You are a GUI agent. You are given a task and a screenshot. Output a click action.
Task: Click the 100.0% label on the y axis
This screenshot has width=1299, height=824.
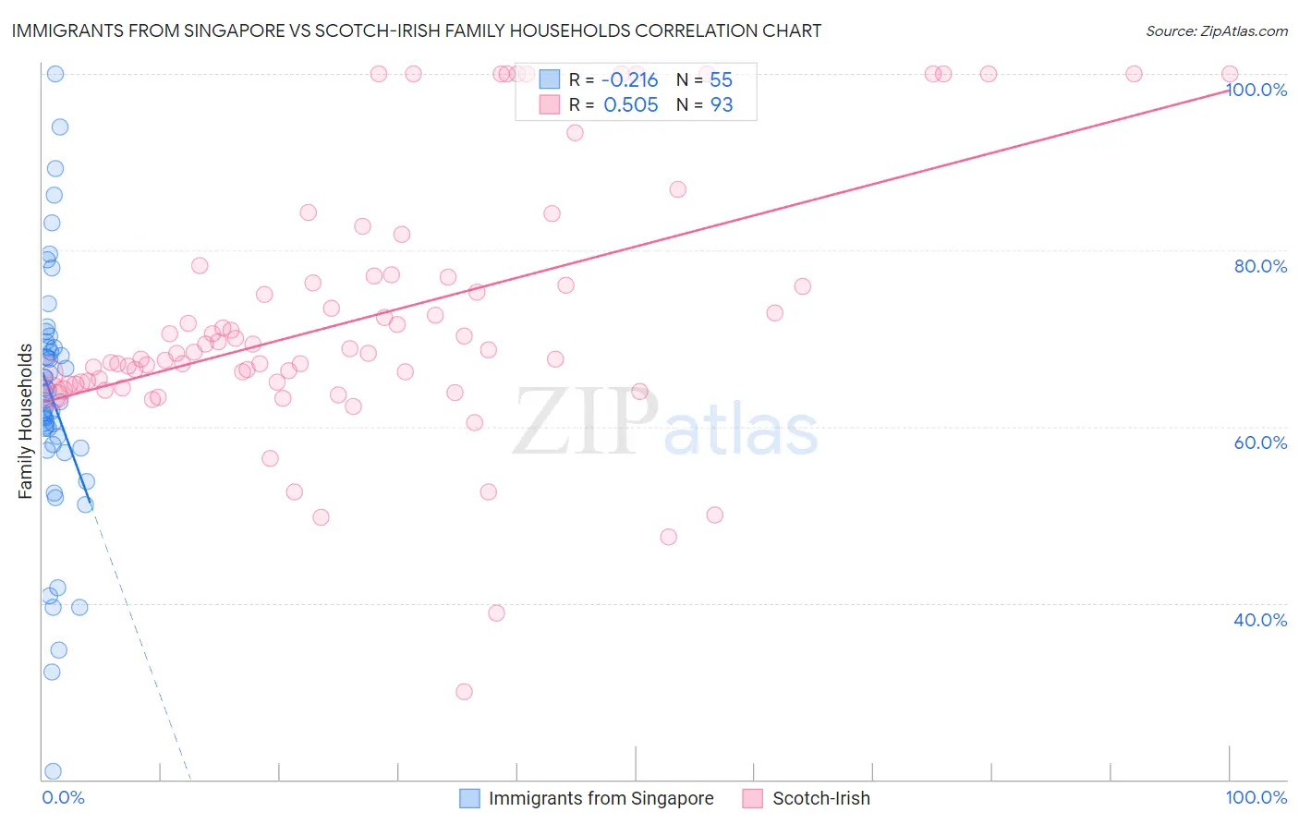point(1257,90)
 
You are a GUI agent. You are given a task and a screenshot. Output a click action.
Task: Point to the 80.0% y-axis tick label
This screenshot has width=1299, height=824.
point(1260,266)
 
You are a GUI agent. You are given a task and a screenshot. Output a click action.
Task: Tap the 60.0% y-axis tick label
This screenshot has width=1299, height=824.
point(1260,442)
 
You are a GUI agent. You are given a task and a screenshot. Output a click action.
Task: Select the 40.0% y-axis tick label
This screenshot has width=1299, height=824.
point(1260,620)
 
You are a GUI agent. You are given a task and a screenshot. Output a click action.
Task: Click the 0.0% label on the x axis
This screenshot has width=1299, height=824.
point(63,797)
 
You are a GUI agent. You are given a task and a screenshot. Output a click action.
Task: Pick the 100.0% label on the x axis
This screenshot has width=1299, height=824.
point(1256,797)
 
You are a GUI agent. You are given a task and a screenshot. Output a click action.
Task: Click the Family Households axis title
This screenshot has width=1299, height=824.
point(26,421)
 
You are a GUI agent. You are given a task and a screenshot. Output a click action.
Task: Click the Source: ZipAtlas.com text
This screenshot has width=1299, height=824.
point(1216,30)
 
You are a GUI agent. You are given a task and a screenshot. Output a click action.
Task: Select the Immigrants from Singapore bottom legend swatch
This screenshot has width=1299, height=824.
point(469,798)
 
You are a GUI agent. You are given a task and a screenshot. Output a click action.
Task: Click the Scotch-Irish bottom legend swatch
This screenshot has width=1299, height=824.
point(753,798)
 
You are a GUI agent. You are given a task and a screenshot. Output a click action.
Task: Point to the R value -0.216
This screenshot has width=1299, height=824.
point(630,80)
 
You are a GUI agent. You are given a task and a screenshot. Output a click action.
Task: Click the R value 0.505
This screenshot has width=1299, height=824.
point(630,105)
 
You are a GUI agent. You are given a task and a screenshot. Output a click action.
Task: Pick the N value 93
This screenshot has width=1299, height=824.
point(721,105)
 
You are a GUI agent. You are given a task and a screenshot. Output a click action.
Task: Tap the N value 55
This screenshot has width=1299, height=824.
point(721,80)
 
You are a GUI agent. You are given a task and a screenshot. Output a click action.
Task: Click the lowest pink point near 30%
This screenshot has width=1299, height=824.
point(465,692)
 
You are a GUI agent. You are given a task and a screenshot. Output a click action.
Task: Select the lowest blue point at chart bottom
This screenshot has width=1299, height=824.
point(53,771)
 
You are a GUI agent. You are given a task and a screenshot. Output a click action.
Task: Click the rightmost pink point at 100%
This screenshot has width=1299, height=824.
point(1230,74)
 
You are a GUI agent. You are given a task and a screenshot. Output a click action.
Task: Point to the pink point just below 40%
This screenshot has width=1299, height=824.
point(496,613)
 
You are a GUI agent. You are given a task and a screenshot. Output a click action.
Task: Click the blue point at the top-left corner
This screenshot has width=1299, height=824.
point(55,74)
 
